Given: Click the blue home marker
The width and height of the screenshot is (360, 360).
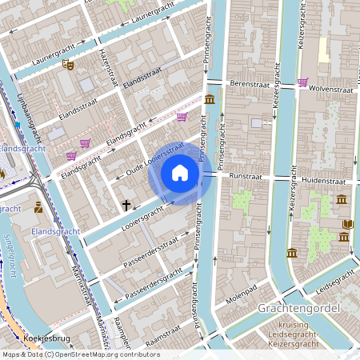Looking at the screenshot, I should point(180,172).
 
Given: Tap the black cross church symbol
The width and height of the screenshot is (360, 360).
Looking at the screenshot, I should point(126,206).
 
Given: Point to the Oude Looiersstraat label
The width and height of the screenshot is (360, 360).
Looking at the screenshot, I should point(150,160).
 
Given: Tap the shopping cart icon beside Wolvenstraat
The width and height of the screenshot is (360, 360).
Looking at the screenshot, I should point(302,82).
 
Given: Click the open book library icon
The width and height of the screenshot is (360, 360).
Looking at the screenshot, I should point(346,225).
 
